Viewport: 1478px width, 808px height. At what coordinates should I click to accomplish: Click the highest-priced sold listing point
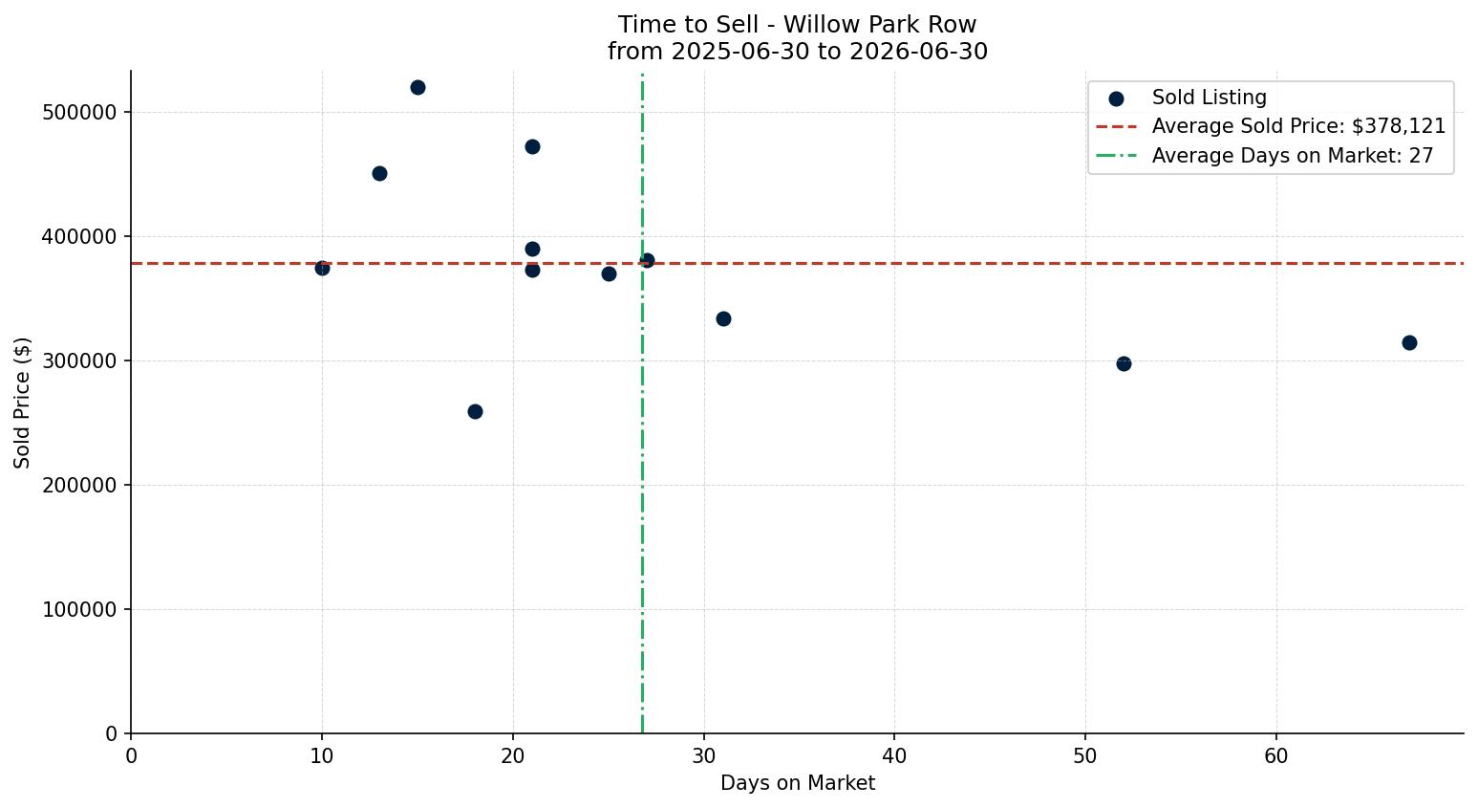pos(418,88)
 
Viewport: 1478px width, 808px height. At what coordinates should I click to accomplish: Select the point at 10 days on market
pos(322,268)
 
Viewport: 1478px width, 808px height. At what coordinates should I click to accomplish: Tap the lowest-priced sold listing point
pos(475,412)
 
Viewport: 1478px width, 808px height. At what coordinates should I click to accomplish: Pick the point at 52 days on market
pos(1124,363)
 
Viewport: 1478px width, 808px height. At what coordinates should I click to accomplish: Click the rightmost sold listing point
pos(1409,342)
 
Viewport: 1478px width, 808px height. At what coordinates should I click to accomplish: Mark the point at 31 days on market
pos(723,318)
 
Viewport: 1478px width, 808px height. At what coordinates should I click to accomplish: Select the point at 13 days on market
pos(379,174)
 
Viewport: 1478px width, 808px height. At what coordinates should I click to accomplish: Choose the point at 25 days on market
pos(609,273)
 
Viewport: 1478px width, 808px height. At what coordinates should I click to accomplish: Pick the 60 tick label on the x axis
pos(1276,755)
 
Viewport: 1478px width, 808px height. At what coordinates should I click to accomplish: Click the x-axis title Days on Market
pos(798,783)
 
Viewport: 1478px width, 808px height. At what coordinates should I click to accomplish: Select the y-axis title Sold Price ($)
pos(22,404)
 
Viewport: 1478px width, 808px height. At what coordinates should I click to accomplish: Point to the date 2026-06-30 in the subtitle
pos(918,52)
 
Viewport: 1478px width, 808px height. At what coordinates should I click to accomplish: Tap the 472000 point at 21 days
pos(532,146)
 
